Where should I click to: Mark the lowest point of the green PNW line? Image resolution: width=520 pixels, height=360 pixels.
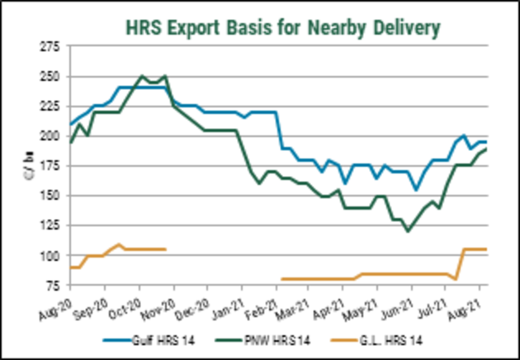(408, 231)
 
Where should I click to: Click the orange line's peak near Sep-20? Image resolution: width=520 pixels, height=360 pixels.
(120, 244)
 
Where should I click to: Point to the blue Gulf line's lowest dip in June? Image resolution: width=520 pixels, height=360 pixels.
(417, 190)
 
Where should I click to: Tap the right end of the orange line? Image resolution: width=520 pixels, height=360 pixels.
(485, 249)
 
